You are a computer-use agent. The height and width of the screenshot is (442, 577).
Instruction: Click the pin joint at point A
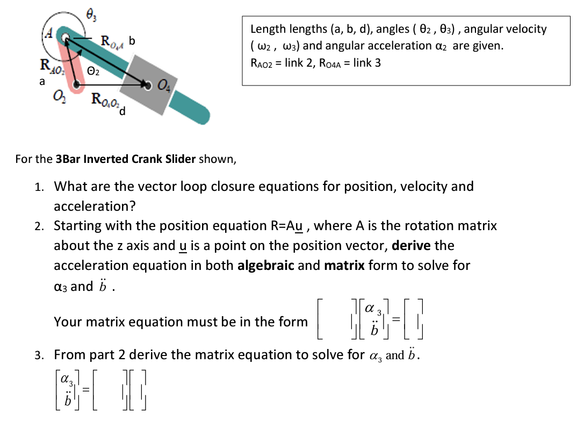[66, 37]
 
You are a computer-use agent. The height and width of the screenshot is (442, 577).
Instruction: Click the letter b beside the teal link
[132, 41]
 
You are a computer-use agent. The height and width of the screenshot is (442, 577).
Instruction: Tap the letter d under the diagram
[123, 111]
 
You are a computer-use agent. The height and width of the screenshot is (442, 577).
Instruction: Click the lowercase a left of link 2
[42, 82]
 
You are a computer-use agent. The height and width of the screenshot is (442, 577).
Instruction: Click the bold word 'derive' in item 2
[412, 246]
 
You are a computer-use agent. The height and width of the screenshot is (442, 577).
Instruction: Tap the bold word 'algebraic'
[265, 266]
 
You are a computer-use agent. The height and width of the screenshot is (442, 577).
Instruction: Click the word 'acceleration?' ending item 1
[95, 206]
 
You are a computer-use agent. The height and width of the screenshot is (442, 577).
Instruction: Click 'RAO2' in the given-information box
[265, 63]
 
